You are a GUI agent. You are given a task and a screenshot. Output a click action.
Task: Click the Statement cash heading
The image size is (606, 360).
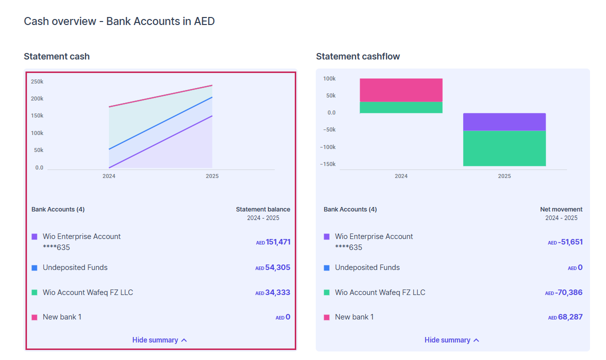tap(56, 56)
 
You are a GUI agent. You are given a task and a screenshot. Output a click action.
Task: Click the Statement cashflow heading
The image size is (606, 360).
tap(358, 56)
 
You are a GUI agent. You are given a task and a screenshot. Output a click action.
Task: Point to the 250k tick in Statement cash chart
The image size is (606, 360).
tap(37, 81)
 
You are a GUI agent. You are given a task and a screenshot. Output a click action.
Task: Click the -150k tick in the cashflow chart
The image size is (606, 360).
tap(329, 164)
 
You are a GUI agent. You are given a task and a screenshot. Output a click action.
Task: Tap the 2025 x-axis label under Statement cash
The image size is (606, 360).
tap(212, 176)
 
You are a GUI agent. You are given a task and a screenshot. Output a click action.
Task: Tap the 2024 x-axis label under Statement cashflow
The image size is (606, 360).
tap(401, 176)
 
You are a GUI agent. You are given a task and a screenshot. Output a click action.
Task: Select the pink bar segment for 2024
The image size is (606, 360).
tap(401, 90)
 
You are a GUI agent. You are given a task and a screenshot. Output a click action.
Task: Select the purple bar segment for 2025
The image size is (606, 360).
tap(504, 122)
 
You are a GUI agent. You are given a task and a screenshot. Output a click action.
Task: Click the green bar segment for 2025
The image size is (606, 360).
tap(504, 148)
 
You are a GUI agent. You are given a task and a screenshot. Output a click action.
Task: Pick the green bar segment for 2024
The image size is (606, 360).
tap(401, 107)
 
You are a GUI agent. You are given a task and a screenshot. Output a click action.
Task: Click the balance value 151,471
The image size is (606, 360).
tap(278, 242)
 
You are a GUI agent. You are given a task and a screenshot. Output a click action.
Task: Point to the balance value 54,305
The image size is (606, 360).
tap(278, 267)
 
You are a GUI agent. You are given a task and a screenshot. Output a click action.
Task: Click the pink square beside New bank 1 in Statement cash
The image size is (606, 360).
tap(34, 317)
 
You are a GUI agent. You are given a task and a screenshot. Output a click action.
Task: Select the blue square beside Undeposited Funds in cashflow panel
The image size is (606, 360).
tap(327, 267)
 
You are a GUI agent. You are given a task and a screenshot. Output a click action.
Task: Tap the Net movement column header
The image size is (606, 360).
tap(561, 209)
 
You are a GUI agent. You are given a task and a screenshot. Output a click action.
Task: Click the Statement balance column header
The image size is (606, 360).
tap(263, 209)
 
